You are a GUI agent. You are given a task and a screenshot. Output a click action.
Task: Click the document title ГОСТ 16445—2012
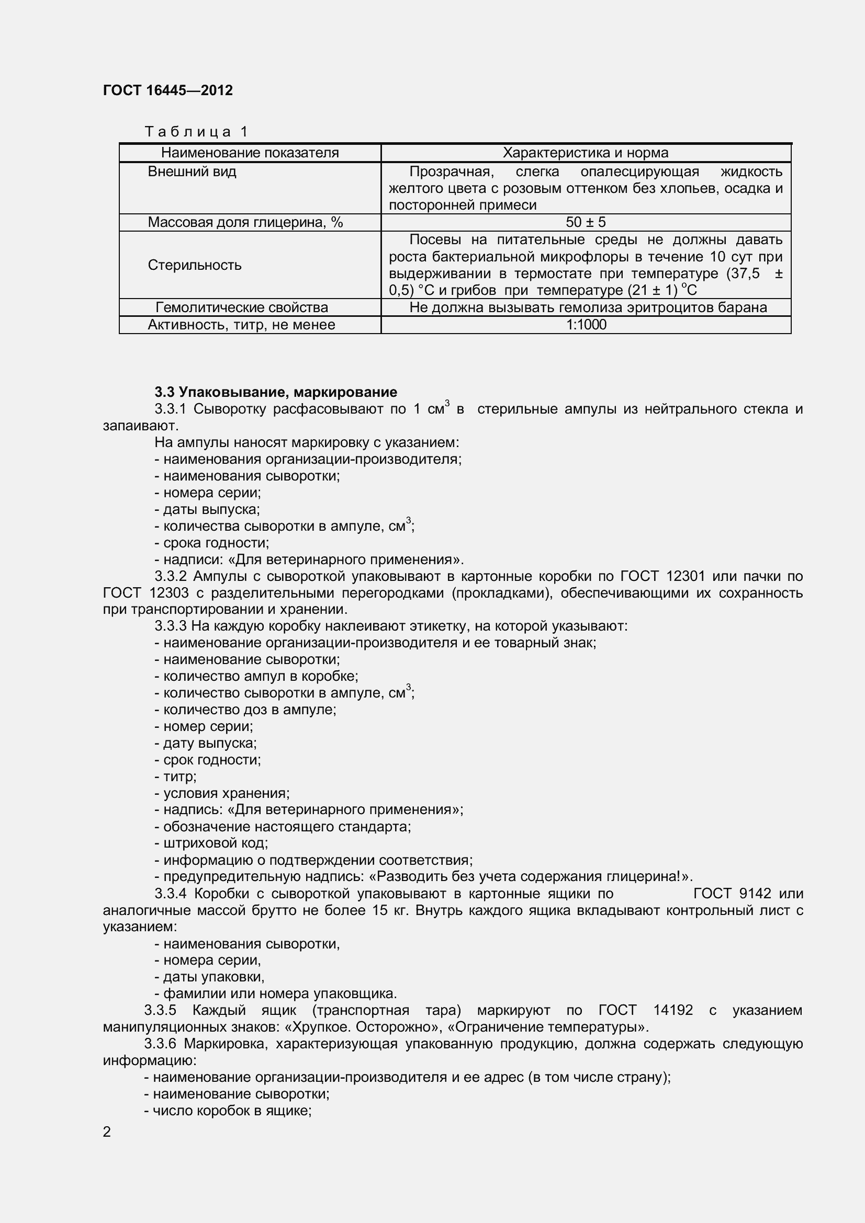click(168, 90)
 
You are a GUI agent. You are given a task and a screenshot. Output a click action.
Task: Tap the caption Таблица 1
click(197, 132)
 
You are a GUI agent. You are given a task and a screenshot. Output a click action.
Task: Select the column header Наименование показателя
click(250, 153)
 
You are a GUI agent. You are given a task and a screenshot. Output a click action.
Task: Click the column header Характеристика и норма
click(585, 153)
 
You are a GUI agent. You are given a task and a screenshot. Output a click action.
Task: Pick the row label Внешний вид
click(192, 172)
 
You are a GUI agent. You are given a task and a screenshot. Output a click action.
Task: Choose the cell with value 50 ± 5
click(585, 223)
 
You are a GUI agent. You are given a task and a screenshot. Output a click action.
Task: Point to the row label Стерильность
click(195, 265)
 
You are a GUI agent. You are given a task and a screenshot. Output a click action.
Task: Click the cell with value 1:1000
click(586, 325)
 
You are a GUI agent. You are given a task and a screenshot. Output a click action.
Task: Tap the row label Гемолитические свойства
click(241, 308)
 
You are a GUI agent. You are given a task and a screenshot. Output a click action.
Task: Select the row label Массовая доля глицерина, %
click(245, 223)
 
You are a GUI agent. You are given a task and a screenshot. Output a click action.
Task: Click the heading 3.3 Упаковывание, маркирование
click(276, 393)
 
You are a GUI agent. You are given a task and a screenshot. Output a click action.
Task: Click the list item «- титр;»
click(176, 777)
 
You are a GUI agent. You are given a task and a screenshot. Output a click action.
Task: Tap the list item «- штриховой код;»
click(211, 843)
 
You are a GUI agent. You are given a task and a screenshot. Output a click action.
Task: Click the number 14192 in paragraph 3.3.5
click(672, 1011)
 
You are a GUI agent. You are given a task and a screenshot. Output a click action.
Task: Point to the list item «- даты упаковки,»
click(210, 977)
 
